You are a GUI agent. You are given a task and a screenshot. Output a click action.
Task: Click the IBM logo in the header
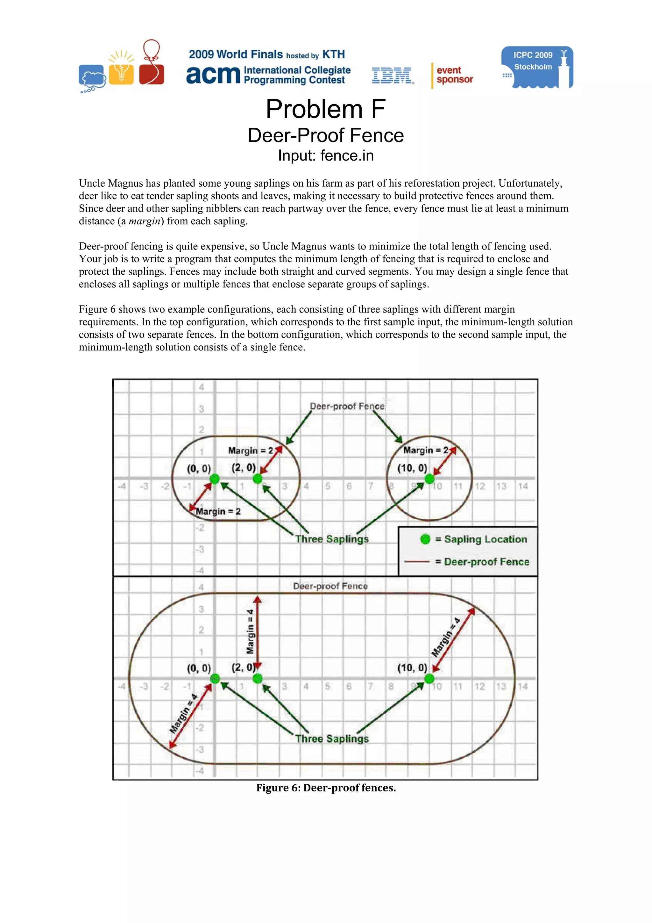click(393, 75)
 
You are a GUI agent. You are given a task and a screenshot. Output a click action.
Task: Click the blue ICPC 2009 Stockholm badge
click(537, 67)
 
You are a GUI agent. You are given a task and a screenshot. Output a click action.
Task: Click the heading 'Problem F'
click(326, 109)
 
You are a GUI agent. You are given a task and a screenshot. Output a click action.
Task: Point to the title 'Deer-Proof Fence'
click(326, 135)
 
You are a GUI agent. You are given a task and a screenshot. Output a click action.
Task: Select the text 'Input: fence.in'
click(326, 155)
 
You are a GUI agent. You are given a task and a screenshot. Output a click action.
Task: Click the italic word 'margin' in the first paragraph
click(145, 221)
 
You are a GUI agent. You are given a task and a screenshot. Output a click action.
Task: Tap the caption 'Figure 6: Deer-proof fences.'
click(326, 788)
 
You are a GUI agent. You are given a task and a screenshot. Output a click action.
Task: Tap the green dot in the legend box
click(425, 539)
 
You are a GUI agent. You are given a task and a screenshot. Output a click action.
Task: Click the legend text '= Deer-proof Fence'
click(482, 562)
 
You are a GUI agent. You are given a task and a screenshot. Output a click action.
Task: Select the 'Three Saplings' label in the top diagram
click(332, 539)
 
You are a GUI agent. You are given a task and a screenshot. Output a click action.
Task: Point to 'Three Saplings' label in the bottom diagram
click(332, 739)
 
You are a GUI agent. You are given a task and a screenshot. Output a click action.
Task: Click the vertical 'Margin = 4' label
click(250, 631)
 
